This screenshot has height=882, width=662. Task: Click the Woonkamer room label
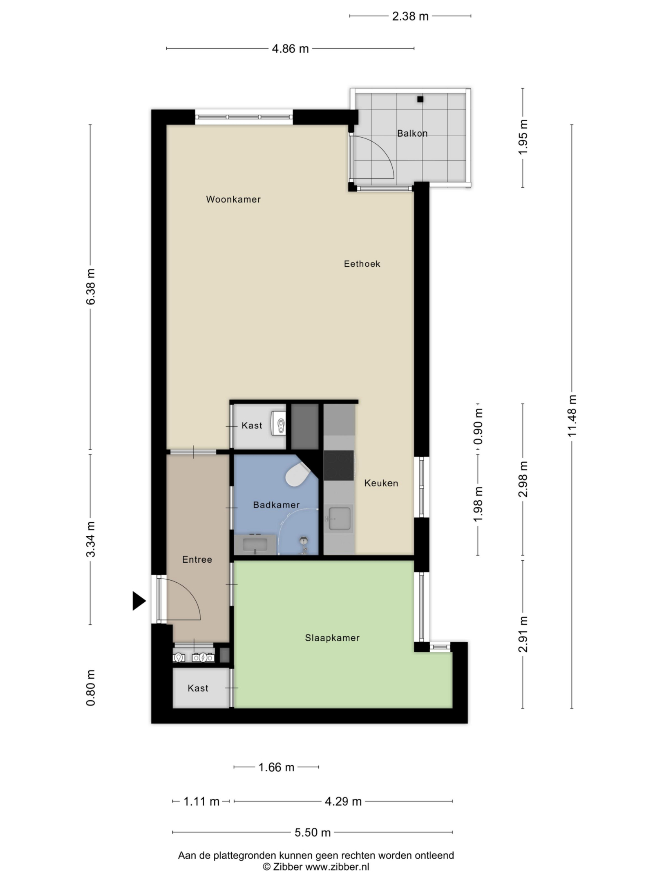[233, 199]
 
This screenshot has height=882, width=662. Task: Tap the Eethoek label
[362, 264]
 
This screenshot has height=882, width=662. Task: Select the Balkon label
[412, 133]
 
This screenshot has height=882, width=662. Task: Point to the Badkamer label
[276, 505]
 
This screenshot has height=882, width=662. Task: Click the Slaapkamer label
[332, 638]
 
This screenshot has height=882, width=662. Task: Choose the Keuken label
[381, 483]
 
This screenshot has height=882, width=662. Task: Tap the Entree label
[197, 559]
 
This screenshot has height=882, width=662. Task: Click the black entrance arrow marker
[139, 601]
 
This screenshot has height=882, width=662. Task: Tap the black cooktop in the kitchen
[339, 465]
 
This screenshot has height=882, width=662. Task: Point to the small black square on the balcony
[420, 99]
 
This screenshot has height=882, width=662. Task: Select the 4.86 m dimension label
[290, 49]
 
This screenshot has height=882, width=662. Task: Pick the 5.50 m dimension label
[313, 832]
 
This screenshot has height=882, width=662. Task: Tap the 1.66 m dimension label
[276, 767]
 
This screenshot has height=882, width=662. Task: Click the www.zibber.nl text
[337, 866]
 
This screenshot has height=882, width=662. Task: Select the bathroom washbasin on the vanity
[255, 545]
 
